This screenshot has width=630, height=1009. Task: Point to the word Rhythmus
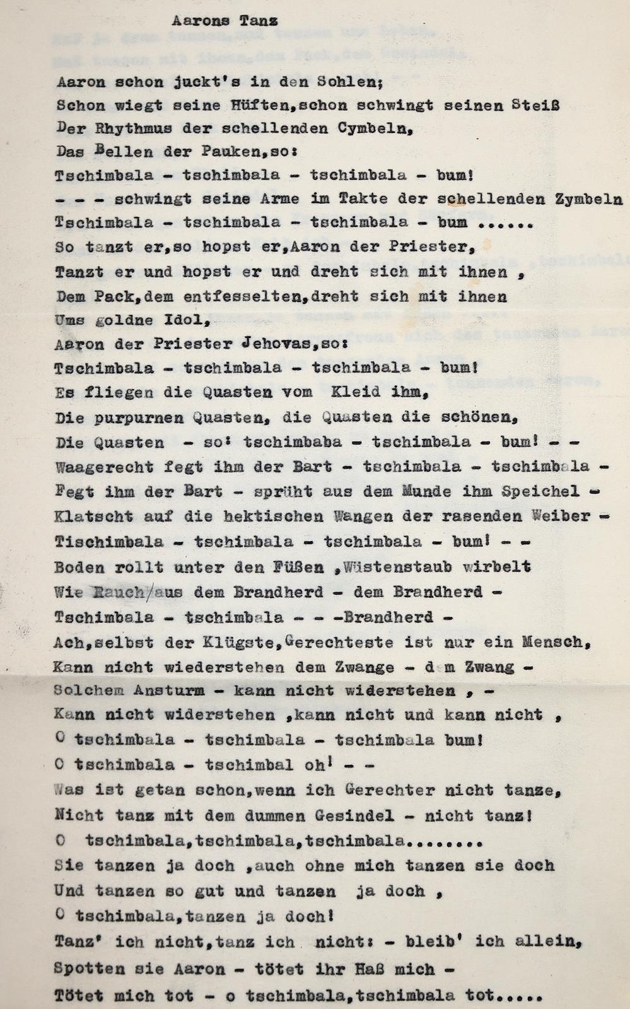pos(120,129)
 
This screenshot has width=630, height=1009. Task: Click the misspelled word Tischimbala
pos(109,542)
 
